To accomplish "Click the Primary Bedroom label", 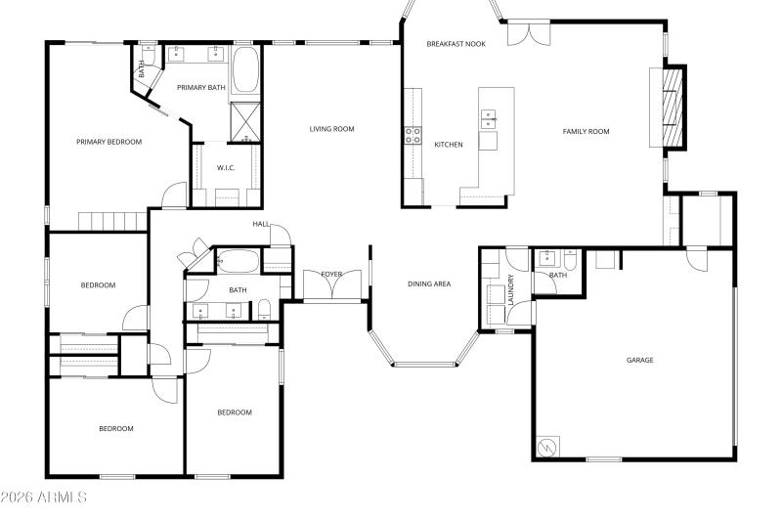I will [109, 142].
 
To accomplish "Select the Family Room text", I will [586, 131].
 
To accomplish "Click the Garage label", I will [639, 360].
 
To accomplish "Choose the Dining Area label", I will [429, 283].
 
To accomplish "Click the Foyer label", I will [331, 274].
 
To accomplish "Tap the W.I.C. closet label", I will [226, 167].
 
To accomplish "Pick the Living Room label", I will [331, 129].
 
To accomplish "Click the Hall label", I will [261, 224].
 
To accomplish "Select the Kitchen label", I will [449, 145].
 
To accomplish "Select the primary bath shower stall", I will [244, 123].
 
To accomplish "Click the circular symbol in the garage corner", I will [546, 447].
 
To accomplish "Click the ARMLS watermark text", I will [44, 498].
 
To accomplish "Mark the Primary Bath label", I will [200, 88].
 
